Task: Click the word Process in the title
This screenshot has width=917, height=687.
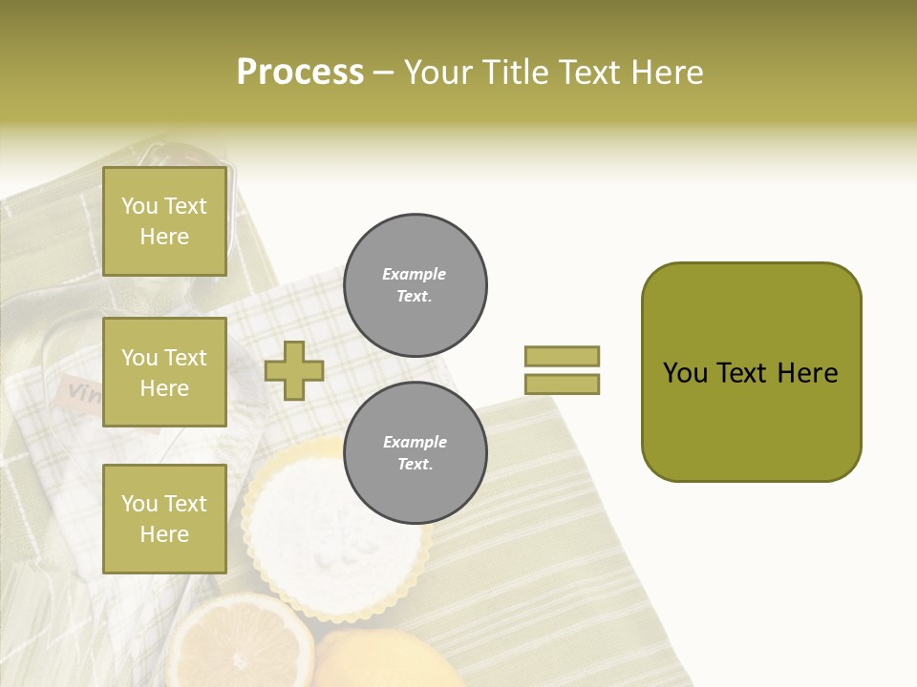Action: tap(300, 73)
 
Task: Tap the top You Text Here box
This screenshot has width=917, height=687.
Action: tap(164, 221)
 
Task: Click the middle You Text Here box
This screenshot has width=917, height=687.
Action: tap(164, 372)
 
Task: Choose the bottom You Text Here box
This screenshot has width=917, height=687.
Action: tap(164, 518)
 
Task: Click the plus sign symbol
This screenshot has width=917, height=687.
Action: tap(294, 370)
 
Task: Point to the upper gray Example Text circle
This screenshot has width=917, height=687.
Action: tap(415, 285)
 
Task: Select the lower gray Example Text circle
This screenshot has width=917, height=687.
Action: tap(415, 453)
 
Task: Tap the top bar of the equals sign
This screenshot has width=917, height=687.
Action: tap(562, 356)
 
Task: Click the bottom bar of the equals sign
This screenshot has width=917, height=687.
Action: tap(562, 385)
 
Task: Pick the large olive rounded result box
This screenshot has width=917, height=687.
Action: tap(751, 372)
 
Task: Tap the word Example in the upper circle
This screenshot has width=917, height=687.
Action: tap(414, 274)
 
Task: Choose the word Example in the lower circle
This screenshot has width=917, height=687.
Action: tap(415, 442)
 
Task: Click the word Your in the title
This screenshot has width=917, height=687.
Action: tap(438, 73)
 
